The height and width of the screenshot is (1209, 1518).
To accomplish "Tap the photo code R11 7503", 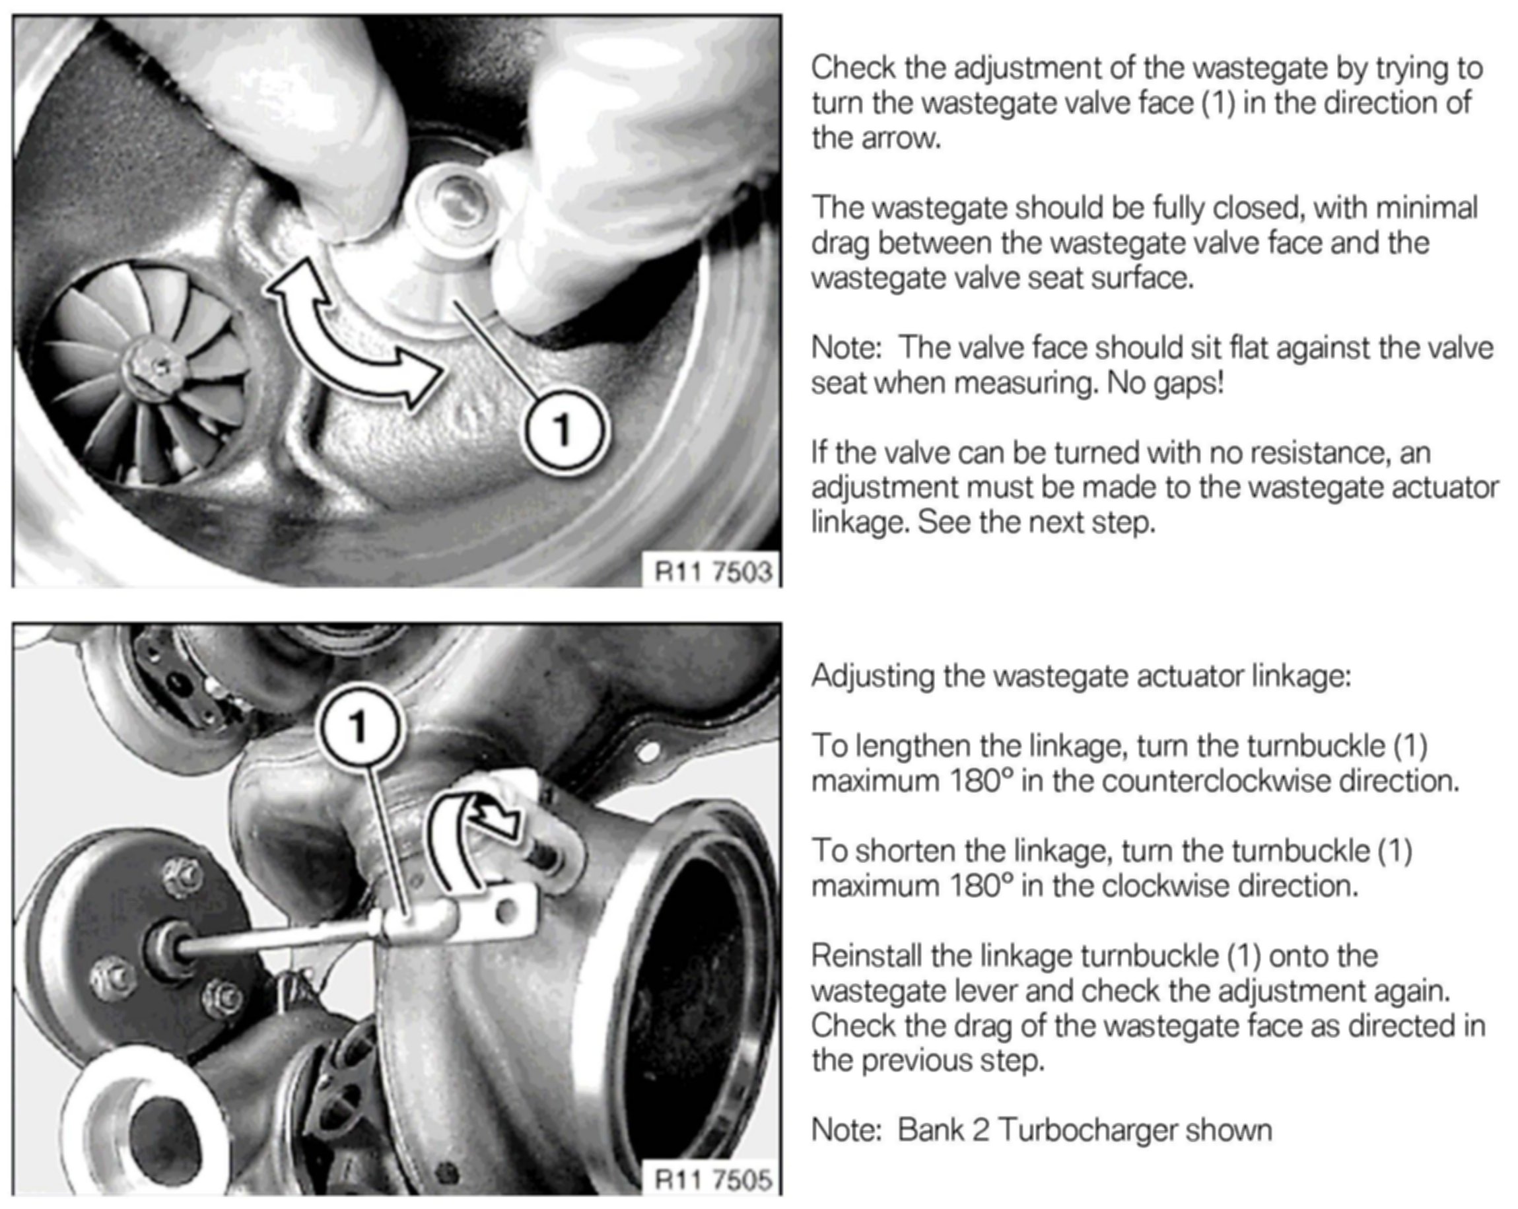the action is pyautogui.click(x=713, y=571).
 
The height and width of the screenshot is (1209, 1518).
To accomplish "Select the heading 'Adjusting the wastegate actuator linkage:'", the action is pyautogui.click(x=1082, y=677).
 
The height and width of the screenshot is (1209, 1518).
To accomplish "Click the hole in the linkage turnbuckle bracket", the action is pyautogui.click(x=505, y=913).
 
